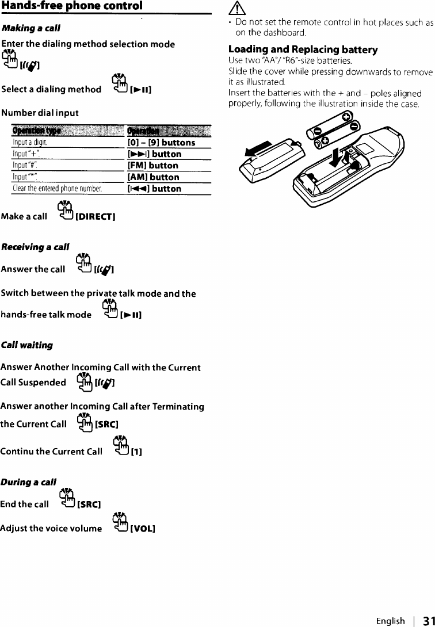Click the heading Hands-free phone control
pyautogui.click(x=72, y=7)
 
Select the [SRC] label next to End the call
pyautogui.click(x=89, y=505)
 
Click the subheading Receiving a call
pyautogui.click(x=35, y=247)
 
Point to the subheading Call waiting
pyautogui.click(x=27, y=345)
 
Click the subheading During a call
pyautogui.click(x=29, y=481)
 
